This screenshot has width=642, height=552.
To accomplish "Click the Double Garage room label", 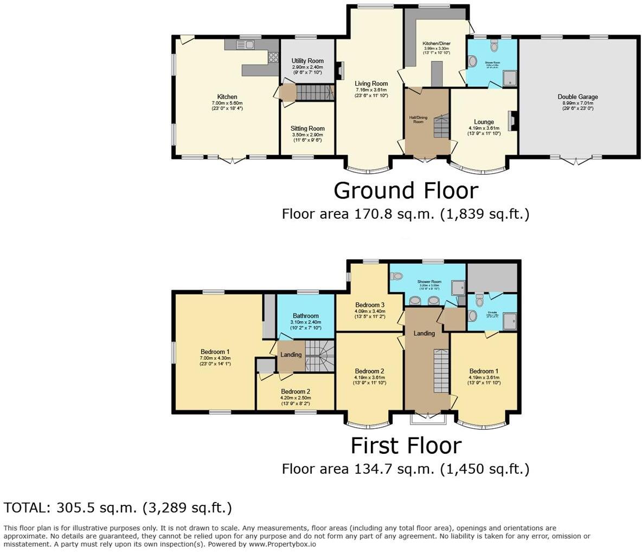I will [577, 97].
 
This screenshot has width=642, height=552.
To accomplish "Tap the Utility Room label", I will [307, 61].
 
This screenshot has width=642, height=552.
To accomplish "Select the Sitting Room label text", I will [307, 129].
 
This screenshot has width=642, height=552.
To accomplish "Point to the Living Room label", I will [371, 84].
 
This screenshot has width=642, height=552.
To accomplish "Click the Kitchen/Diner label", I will [436, 43].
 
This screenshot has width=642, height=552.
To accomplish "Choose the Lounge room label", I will [484, 122].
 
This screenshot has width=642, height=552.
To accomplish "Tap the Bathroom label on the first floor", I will [306, 316].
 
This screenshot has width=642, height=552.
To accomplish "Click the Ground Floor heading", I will [406, 191].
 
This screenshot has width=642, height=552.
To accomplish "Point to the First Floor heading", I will [406, 446].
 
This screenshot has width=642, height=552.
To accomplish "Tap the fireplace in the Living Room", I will [340, 71].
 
